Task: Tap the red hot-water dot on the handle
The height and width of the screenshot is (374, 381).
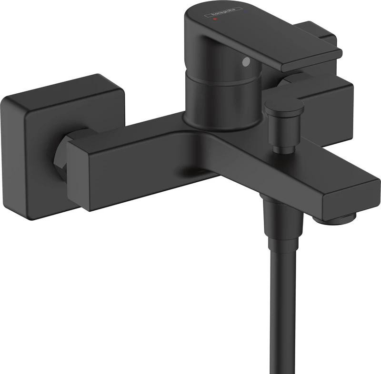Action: [x=215, y=20]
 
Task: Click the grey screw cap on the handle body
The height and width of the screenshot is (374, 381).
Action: [x=246, y=61]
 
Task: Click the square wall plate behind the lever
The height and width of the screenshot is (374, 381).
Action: [x=329, y=90]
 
